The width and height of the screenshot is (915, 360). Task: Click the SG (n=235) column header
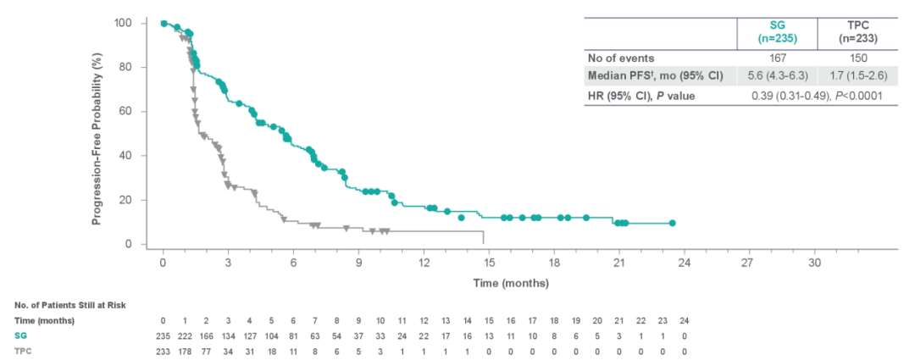coord(777,33)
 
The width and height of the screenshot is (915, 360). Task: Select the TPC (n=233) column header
coord(853,33)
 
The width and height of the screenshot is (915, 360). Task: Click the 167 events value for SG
coord(777,58)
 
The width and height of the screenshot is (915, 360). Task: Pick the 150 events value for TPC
coord(853,58)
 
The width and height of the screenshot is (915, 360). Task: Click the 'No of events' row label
coord(621,58)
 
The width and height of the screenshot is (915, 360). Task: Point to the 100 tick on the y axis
coord(123,23)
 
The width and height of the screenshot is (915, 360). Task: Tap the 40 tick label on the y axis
coord(126,156)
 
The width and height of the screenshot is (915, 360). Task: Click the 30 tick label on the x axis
coord(814,263)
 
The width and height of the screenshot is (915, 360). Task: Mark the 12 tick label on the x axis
coord(424,263)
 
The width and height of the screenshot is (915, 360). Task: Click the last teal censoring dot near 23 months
coord(672,223)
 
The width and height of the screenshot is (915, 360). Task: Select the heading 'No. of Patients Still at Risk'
coord(70,304)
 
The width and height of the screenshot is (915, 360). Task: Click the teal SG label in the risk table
coord(21,336)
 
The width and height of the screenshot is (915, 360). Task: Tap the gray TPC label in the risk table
coord(23,351)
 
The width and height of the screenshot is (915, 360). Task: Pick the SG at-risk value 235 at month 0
coord(163,336)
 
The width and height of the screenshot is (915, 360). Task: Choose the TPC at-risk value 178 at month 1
coord(185,351)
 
